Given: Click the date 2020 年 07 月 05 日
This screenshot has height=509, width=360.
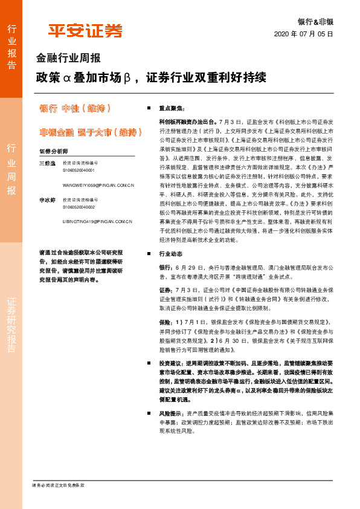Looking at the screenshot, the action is point(304,34).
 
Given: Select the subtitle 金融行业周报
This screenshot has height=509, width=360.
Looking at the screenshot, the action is point(68,59).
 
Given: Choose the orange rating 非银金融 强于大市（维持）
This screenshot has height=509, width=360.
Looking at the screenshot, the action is point(87,132).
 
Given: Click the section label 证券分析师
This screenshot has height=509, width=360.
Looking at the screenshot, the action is point(53,151).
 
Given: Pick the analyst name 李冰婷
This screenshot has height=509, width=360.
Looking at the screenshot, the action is point(47,199).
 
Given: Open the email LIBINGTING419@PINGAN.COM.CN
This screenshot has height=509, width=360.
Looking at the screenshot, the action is point(97,222).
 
